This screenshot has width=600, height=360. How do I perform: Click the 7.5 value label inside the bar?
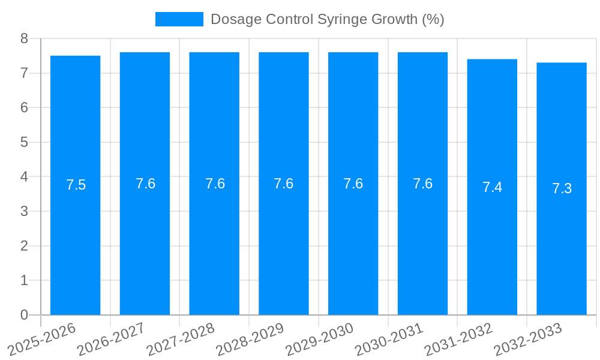[x=76, y=185]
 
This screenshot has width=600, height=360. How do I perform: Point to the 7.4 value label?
[x=492, y=187]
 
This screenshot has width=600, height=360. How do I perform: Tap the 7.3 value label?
[x=562, y=188]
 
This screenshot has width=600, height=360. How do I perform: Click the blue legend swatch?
[x=179, y=19]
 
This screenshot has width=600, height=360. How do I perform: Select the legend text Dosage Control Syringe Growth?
[x=327, y=19]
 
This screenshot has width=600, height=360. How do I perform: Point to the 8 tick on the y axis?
[x=24, y=38]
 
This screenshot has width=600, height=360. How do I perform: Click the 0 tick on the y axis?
[x=24, y=315]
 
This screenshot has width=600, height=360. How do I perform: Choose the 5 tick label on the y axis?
[x=24, y=142]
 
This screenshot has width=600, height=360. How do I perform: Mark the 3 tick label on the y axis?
[x=24, y=211]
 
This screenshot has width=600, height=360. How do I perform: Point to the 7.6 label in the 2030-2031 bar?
[x=422, y=184]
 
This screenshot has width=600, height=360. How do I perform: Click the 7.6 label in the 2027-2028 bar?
[x=215, y=184]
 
